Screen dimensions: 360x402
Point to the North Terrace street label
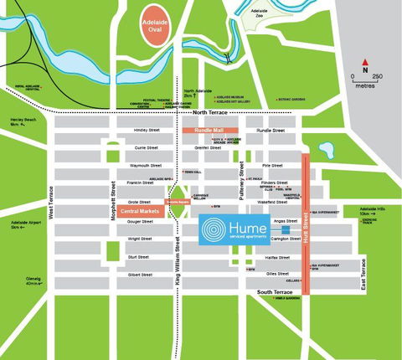(210, 112)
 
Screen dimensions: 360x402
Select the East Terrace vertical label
(363, 273)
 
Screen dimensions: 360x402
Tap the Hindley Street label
(135, 131)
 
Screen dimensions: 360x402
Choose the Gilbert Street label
(139, 274)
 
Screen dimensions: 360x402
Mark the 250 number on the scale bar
(378, 76)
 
